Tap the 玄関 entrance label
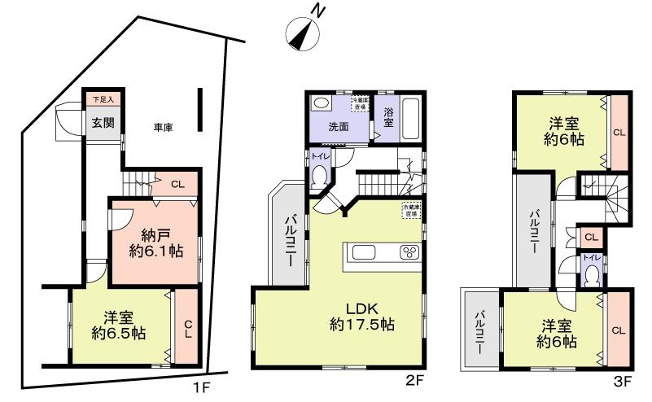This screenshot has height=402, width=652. click(102, 123)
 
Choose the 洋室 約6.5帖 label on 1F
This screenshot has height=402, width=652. click(120, 326)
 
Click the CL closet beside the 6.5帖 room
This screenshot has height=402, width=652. click(186, 328)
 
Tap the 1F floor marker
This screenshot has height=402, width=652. click(201, 387)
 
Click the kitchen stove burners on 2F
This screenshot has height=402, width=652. click(406, 252)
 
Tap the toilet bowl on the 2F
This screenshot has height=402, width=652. click(319, 175)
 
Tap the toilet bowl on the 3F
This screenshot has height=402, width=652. click(592, 276)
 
